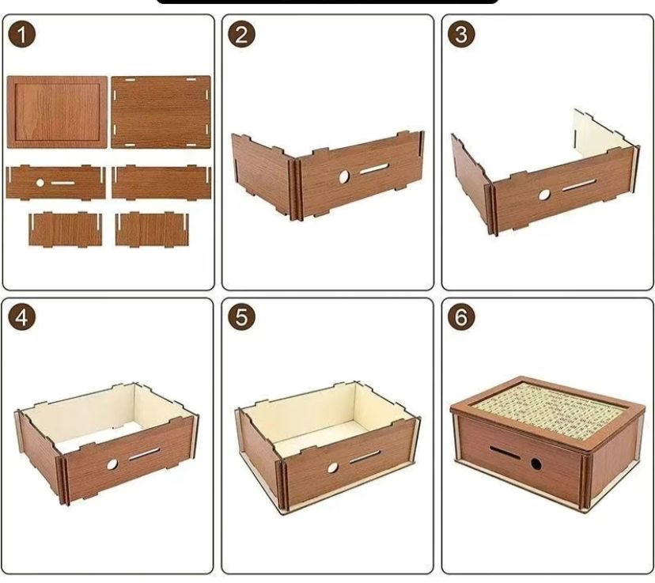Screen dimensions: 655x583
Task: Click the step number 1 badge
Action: click(x=21, y=34)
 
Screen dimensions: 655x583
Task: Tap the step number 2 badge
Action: click(x=241, y=34)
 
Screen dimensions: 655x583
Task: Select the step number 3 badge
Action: click(x=461, y=34)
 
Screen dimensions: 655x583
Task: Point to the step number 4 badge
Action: click(x=21, y=317)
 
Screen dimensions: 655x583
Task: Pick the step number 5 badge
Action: click(x=241, y=317)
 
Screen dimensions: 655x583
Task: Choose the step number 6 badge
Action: click(x=461, y=317)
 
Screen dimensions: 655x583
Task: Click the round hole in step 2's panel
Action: click(x=344, y=177)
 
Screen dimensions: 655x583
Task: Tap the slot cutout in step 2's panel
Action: click(x=374, y=168)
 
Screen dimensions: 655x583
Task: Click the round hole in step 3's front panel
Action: click(x=544, y=195)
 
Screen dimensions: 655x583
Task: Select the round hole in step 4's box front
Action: click(x=112, y=464)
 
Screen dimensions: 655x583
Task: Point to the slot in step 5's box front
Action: click(x=365, y=457)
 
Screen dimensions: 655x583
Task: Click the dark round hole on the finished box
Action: click(x=536, y=464)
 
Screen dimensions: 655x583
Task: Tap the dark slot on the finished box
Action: click(x=505, y=452)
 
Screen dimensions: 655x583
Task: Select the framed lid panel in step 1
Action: click(x=57, y=112)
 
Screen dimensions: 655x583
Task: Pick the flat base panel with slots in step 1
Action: click(x=161, y=112)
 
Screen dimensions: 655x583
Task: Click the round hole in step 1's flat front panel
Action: click(x=40, y=183)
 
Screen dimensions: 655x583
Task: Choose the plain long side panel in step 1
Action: click(x=161, y=183)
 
